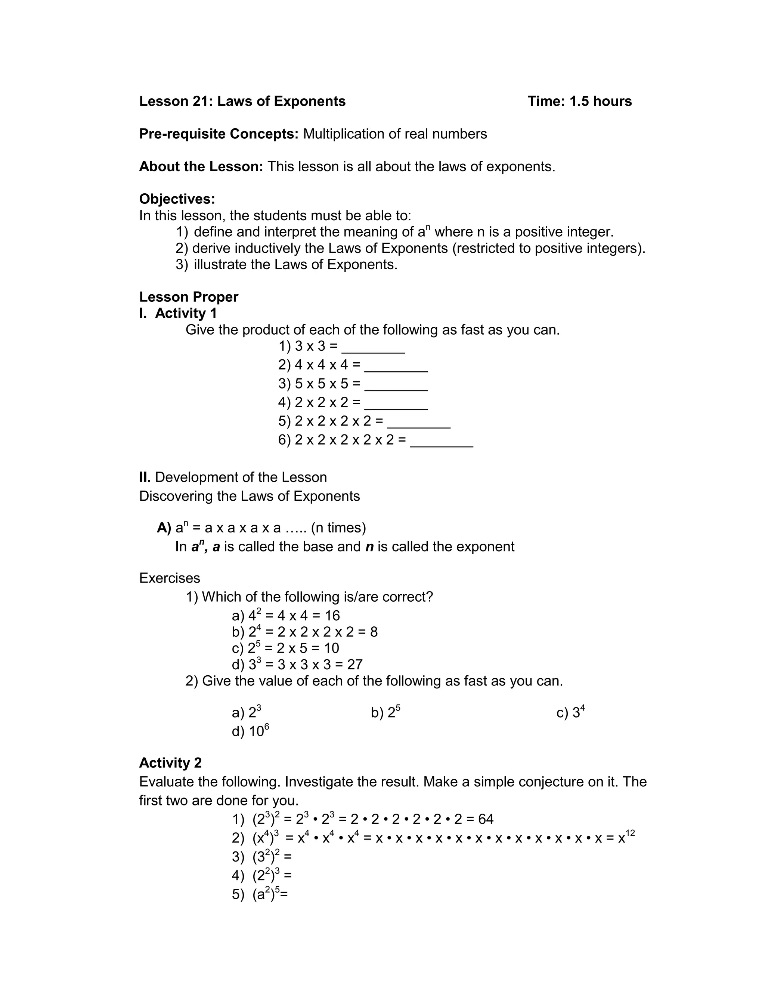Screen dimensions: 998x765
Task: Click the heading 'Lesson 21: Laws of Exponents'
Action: coord(242,101)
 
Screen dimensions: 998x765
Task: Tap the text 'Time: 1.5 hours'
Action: coord(579,101)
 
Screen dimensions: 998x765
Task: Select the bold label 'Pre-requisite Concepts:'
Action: coord(219,134)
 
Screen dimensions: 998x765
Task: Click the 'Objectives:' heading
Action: coord(177,199)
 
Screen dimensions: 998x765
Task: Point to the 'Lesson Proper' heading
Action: coord(189,297)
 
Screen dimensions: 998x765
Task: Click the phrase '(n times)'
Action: coord(338,528)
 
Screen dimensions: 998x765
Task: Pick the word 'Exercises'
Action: coord(169,578)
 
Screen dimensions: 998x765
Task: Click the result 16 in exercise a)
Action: coord(332,616)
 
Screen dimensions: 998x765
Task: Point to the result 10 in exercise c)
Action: coord(331,648)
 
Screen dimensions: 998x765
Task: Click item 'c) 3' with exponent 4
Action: coord(570,712)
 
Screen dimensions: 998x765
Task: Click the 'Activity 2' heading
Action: coord(170,763)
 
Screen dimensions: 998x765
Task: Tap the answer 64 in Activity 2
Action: coord(486,819)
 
